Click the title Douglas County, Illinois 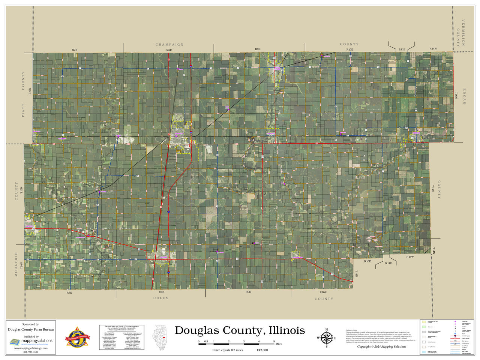240,330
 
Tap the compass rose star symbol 326,338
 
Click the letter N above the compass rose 326,330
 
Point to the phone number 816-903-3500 31,352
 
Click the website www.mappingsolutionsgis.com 31,348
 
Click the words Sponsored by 31,324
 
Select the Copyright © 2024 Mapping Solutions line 381,347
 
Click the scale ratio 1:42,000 262,350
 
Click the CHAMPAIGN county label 169,45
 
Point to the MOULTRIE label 16,264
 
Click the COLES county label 161,298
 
